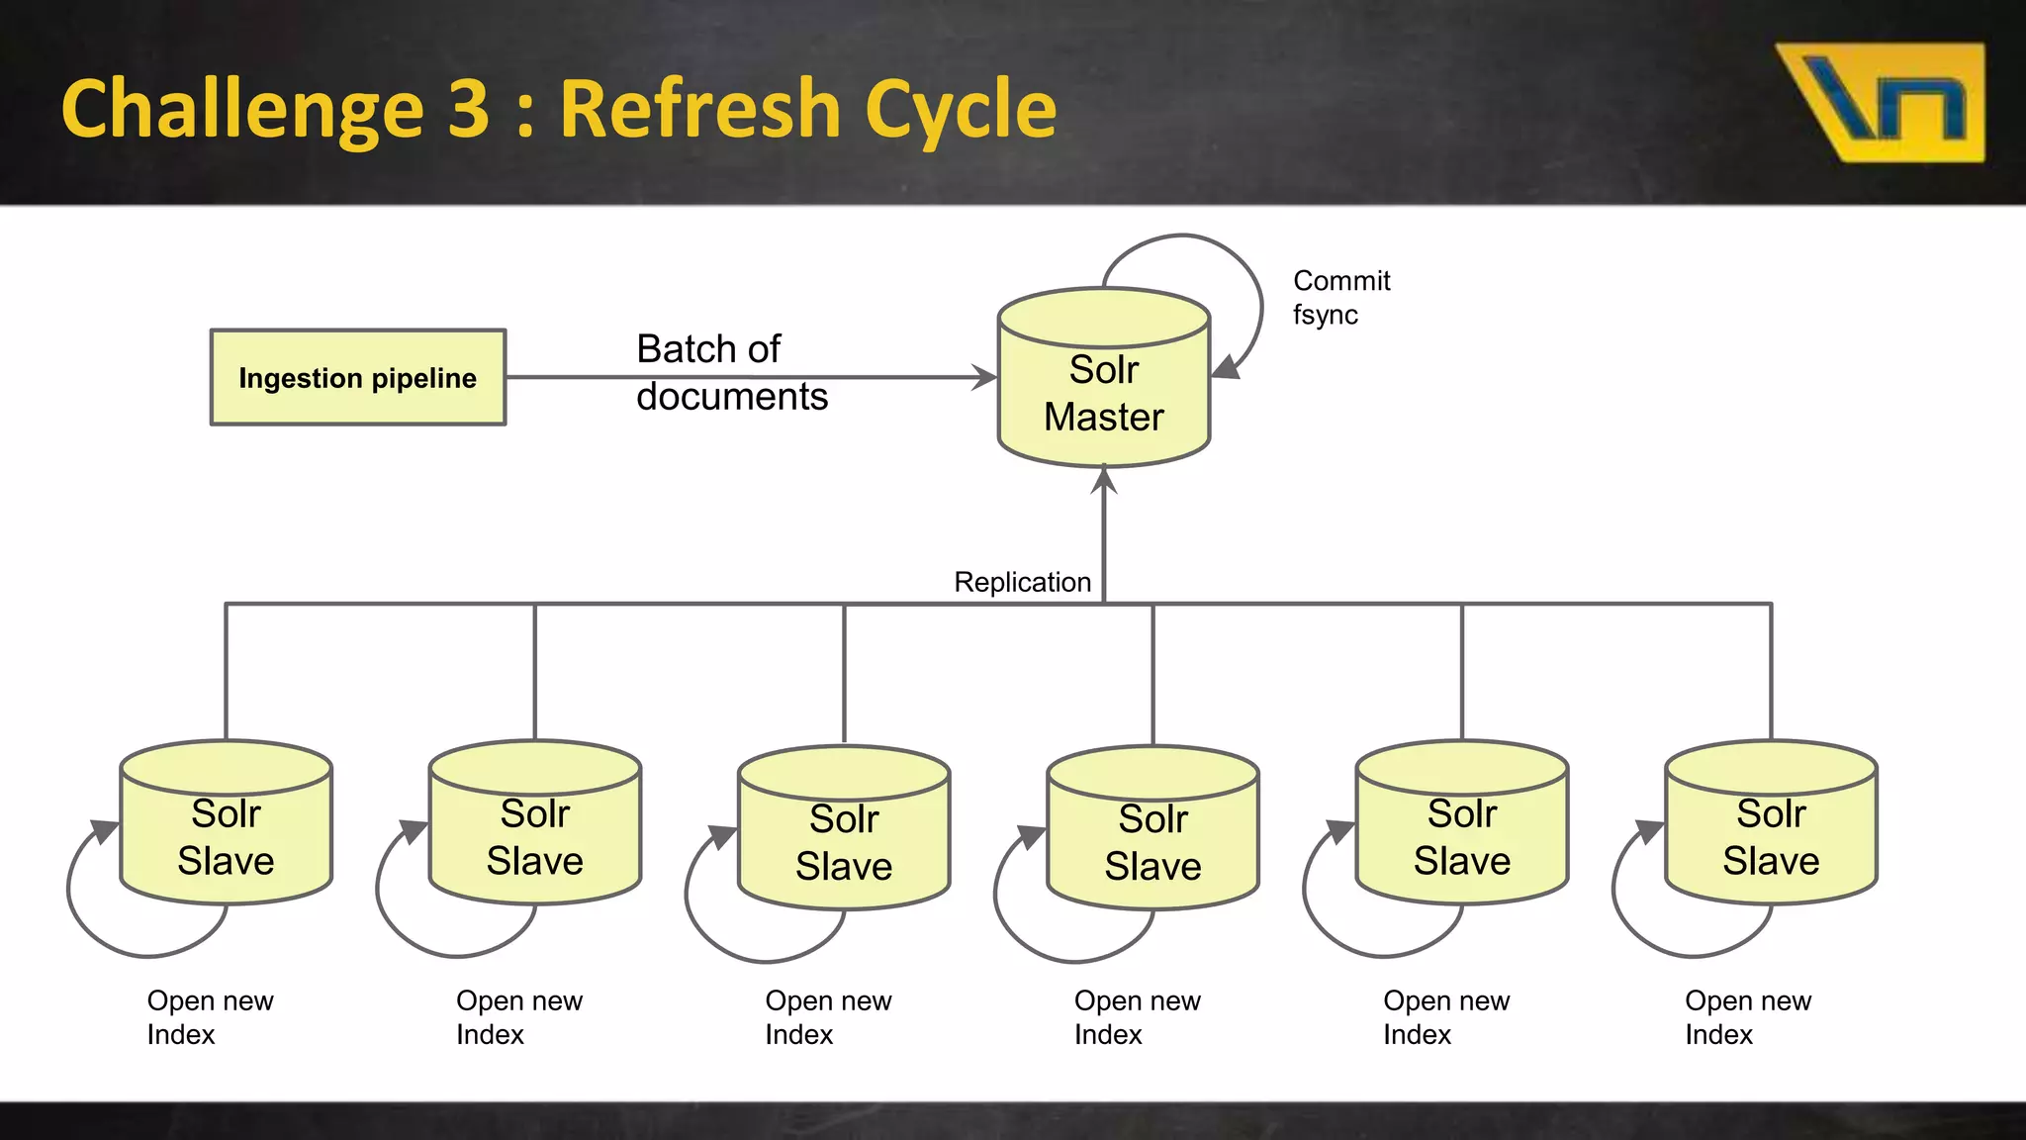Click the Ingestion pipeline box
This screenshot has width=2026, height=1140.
(357, 377)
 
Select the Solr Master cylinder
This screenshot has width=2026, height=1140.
(1104, 391)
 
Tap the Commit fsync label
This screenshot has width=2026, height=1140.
(1340, 297)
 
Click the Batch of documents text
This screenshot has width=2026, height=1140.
(731, 372)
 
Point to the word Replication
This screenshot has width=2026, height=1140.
(1022, 582)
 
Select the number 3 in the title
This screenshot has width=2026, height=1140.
(468, 109)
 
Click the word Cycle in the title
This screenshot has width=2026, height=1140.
(960, 109)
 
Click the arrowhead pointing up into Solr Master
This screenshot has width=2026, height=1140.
(1104, 480)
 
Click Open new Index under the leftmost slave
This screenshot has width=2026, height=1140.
(210, 1017)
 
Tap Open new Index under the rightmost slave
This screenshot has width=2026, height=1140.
(1747, 1017)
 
